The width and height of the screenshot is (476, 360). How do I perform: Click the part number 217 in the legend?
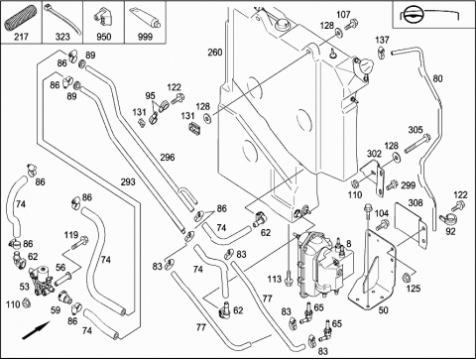(21, 37)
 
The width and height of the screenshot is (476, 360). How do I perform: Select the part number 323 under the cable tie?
(62, 37)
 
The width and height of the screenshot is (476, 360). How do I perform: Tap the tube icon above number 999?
(146, 18)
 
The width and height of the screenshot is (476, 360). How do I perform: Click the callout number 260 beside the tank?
(215, 53)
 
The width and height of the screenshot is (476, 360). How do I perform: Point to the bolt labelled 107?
(352, 25)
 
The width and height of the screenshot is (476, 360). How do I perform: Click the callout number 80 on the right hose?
(437, 78)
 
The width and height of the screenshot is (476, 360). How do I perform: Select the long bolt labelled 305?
(416, 144)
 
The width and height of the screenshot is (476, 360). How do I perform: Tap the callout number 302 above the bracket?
(374, 154)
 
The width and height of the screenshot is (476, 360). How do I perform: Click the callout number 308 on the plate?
(416, 202)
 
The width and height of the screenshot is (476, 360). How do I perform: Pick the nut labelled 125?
(407, 277)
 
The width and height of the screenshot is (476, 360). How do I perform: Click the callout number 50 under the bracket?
(383, 310)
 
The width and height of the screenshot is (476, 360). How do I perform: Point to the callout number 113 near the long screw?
(274, 280)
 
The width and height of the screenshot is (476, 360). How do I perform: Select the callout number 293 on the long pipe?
(128, 181)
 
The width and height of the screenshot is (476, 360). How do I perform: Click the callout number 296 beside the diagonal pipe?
(168, 157)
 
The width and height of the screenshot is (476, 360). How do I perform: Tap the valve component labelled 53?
(42, 280)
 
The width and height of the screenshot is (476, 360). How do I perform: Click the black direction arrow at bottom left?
(36, 330)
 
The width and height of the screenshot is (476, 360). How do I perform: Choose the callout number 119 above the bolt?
(71, 235)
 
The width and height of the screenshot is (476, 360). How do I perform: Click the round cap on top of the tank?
(282, 24)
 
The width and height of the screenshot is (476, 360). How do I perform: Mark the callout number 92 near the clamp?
(450, 231)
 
